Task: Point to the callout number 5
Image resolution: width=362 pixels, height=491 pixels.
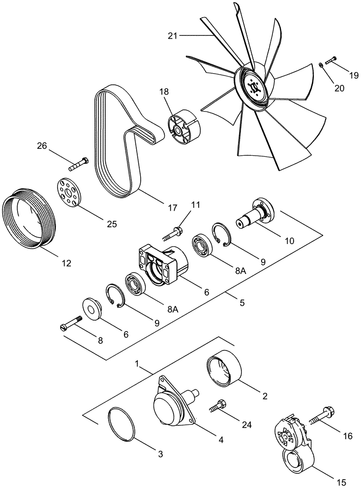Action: tap(242, 303)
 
